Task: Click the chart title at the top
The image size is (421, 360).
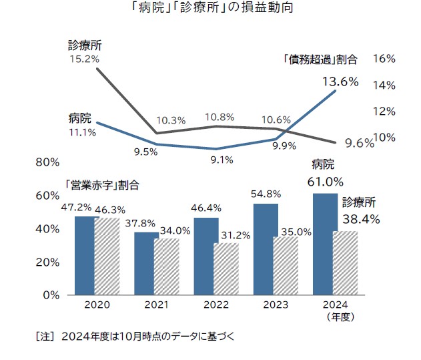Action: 210,10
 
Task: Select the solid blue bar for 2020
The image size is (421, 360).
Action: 86,255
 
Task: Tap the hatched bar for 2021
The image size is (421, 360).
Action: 167,266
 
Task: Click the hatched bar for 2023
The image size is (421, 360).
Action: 286,265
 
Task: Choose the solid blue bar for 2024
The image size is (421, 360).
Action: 325,244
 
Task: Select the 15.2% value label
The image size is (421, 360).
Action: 84,59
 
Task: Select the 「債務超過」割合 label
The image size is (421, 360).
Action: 319,59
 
